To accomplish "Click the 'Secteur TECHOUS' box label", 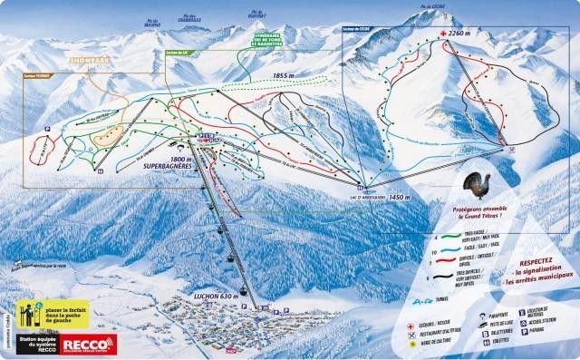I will coord(41,76).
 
